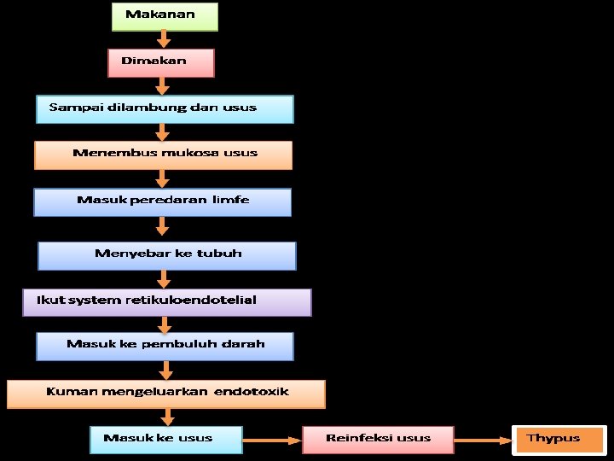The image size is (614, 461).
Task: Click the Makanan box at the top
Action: [x=165, y=16]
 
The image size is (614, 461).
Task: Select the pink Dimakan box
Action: [x=160, y=62]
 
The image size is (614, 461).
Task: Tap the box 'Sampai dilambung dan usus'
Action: [x=165, y=109]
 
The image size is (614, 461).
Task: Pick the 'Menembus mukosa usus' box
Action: [x=163, y=155]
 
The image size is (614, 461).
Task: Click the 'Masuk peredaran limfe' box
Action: [x=162, y=201]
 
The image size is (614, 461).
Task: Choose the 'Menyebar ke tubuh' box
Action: [x=167, y=255]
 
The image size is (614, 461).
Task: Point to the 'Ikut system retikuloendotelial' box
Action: [x=167, y=301]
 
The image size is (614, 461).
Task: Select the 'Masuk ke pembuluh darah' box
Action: [x=165, y=346]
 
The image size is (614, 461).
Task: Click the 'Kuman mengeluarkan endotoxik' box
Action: [x=166, y=394]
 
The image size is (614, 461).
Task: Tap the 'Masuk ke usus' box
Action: [x=165, y=440]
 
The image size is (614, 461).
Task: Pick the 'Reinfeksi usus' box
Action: [x=378, y=440]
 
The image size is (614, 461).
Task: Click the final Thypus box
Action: [x=559, y=440]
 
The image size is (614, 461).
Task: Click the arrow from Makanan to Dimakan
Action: [x=164, y=39]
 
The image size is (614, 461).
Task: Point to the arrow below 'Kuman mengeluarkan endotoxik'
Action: [x=167, y=417]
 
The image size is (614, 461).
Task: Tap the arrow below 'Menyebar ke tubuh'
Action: [x=164, y=279]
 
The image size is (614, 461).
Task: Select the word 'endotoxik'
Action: [x=252, y=392]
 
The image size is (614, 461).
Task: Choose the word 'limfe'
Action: [x=231, y=201]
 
